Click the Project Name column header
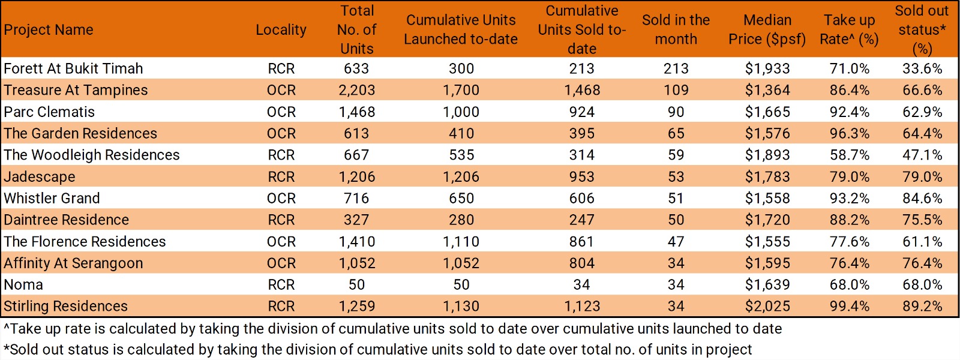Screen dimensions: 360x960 point(49,30)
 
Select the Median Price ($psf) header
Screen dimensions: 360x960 point(767,30)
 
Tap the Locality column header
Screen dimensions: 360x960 point(281,30)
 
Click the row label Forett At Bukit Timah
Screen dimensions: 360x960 point(73,68)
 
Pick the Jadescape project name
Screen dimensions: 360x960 point(40,176)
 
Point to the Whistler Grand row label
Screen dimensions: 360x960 point(52,198)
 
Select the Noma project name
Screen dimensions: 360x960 point(23,284)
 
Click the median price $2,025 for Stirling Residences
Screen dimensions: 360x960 point(767,306)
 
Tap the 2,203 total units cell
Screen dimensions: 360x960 point(356,90)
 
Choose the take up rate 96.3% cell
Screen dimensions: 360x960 point(849,133)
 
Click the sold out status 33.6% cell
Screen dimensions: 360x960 point(922,68)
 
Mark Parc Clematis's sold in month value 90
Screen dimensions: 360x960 point(676,112)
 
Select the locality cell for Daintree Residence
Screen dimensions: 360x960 point(281,220)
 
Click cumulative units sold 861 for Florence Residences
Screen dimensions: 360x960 point(581,241)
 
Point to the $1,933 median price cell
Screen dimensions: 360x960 point(767,68)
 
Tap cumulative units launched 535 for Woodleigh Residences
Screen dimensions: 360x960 point(461,155)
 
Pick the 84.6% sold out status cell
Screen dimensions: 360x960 point(922,198)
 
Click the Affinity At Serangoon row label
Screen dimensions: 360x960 point(73,263)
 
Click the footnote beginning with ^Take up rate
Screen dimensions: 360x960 point(392,329)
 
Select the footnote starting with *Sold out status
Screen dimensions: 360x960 point(377,349)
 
